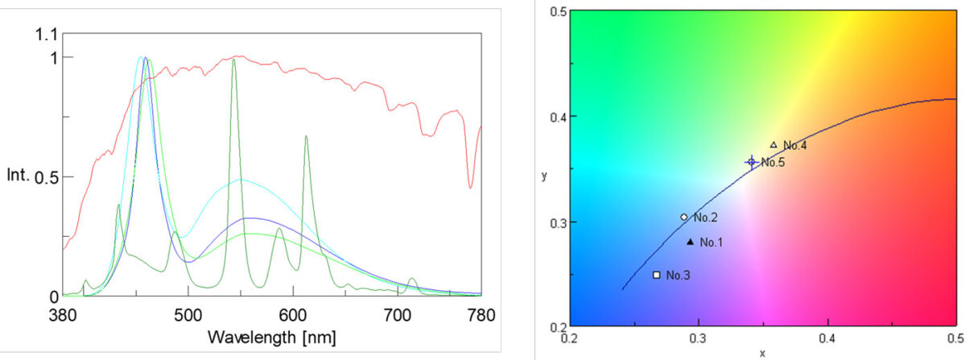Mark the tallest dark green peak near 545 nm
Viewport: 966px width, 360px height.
233,60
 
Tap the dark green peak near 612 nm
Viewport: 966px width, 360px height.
306,137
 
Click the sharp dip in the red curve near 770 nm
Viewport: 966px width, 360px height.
470,187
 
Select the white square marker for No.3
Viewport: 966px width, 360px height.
656,275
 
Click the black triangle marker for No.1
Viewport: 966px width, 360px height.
690,242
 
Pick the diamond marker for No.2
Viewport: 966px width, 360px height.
683,217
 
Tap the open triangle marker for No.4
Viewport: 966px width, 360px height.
774,145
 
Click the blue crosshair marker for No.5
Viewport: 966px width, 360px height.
751,163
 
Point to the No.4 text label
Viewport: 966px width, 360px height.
795,146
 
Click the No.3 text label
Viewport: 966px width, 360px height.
678,275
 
